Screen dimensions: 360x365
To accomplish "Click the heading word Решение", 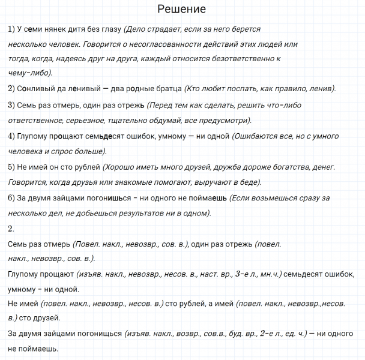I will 182,9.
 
